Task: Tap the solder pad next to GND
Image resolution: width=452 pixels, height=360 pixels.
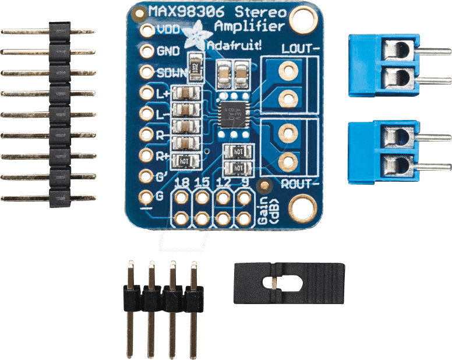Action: tap(146, 51)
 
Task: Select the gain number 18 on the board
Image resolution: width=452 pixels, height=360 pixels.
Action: tap(182, 183)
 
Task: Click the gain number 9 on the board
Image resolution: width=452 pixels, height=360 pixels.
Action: tap(244, 183)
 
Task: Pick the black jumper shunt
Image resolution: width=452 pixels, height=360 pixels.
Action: tap(289, 283)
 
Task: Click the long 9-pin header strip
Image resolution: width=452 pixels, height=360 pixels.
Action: tap(58, 114)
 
